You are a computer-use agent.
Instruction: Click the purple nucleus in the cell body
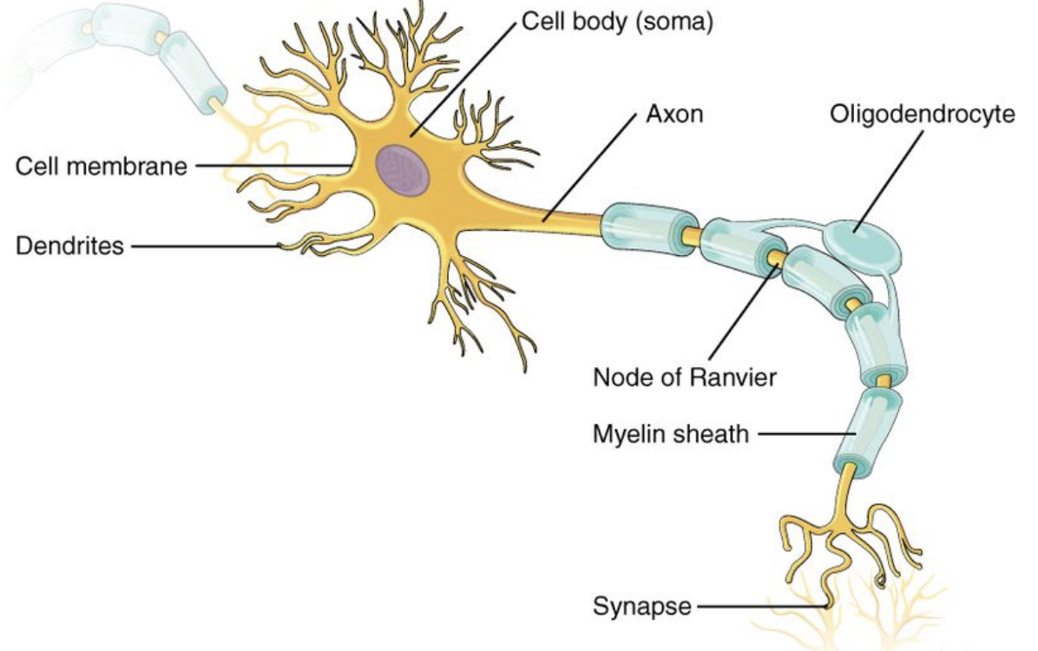pos(404,169)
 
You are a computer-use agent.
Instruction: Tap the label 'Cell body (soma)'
pos(617,21)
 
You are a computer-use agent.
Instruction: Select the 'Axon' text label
pos(673,114)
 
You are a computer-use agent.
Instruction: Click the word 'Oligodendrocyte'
pos(923,115)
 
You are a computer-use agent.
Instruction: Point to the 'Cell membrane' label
pos(102,166)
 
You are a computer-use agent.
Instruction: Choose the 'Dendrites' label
pos(69,246)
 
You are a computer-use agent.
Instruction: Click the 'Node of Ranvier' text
pos(685,378)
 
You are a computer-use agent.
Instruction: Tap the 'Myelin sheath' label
pos(671,435)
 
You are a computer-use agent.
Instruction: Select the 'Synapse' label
pos(642,606)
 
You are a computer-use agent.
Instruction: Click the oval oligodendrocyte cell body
pos(862,245)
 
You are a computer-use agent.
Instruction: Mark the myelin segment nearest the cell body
pos(649,226)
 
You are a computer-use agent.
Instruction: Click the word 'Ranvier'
pos(733,378)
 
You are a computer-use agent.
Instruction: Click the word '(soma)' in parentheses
pos(674,21)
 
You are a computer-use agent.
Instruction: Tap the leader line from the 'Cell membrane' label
pos(273,166)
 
